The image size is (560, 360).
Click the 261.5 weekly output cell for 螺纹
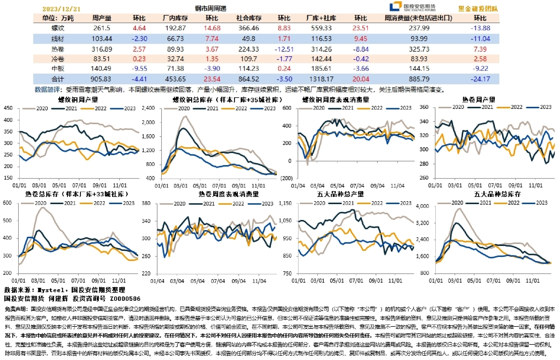102,28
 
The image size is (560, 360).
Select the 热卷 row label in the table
57,49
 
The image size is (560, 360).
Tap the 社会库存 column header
248,18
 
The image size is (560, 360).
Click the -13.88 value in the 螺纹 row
480,28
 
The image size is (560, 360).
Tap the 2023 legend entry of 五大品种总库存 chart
540,203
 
